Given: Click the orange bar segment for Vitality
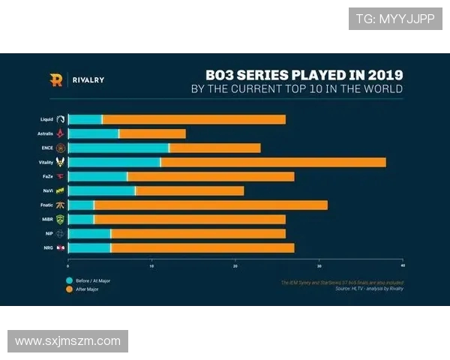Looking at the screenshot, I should click(273, 162).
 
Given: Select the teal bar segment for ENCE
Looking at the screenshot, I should click(118, 148).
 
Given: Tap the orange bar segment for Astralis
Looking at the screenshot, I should click(152, 133).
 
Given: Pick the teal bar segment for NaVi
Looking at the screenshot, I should click(102, 190).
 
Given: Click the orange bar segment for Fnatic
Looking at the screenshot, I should click(211, 205).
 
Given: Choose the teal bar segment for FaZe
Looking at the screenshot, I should click(97, 176).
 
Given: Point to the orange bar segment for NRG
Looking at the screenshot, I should click(202, 247).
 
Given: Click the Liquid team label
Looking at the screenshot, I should click(46, 119).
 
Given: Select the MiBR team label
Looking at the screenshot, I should click(47, 219).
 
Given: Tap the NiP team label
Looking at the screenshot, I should click(49, 233).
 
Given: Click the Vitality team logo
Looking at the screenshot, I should click(61, 162).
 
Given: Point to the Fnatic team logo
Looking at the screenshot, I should click(61, 205).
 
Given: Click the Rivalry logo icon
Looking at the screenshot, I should click(55, 79).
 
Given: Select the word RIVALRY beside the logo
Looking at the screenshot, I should click(88, 79).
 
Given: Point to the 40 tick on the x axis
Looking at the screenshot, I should click(403, 265).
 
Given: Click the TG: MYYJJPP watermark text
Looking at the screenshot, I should click(394, 19).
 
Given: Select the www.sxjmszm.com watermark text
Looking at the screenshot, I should click(67, 341).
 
